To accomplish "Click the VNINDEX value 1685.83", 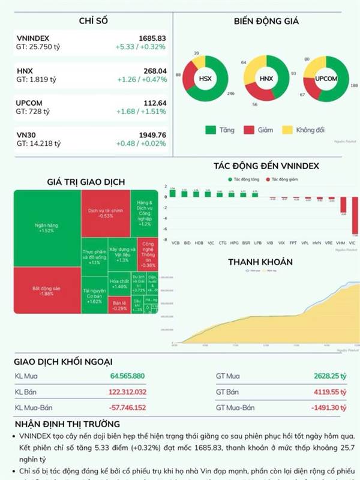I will [x=152, y=38].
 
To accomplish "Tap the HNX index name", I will [x=25, y=71].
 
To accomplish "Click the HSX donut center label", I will [x=205, y=78].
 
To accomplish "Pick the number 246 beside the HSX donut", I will [x=230, y=93].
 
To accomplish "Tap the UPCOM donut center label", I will [x=326, y=79].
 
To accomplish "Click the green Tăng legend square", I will [x=210, y=130].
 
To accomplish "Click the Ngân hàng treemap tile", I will [x=46, y=227].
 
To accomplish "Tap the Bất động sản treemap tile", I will [x=46, y=291].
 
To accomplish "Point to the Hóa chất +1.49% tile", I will [x=119, y=283].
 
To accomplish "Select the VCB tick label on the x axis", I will [x=175, y=243].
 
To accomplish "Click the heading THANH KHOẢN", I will [x=260, y=262].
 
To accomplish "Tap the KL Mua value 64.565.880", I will [x=128, y=376].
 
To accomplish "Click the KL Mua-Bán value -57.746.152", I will [x=127, y=407].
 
